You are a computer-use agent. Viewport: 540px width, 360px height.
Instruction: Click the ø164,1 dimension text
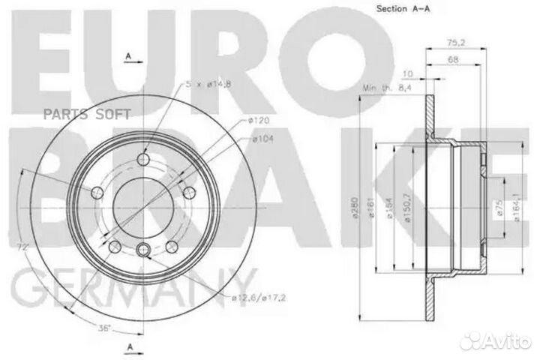(517, 210)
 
